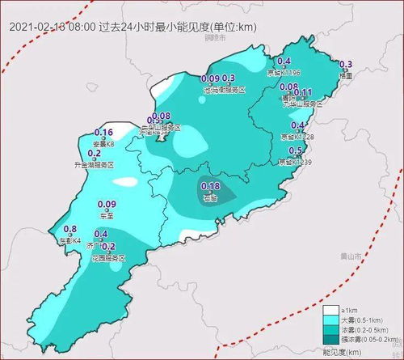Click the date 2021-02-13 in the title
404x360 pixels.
[40, 27]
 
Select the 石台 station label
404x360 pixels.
[210, 197]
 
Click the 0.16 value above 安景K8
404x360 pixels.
[103, 133]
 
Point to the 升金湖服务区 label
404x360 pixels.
[95, 164]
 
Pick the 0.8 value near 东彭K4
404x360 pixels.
[69, 230]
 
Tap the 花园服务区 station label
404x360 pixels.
[109, 257]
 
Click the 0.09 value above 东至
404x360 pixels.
[105, 205]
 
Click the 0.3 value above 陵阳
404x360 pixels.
[346, 65]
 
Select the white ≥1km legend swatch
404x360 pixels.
[330, 310]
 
